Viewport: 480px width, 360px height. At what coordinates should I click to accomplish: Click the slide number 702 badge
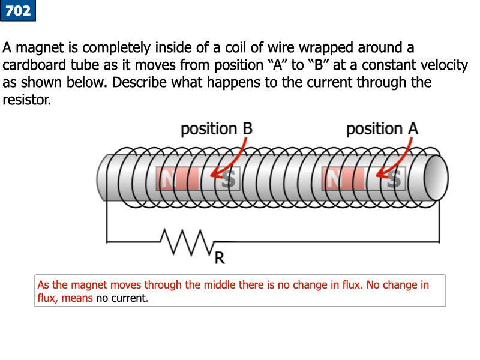(x=18, y=10)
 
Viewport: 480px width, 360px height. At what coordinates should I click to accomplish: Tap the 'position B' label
(x=216, y=129)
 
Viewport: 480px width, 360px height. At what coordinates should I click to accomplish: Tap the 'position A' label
(x=382, y=129)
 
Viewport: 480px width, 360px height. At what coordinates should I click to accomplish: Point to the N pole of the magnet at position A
(x=335, y=179)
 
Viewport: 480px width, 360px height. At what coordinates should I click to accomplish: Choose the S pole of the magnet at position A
(x=394, y=179)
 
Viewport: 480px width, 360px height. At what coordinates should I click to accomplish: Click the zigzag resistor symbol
(x=187, y=241)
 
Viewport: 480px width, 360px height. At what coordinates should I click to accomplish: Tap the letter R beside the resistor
(x=220, y=258)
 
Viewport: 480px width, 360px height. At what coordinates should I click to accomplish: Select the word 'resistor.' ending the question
(x=28, y=100)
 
